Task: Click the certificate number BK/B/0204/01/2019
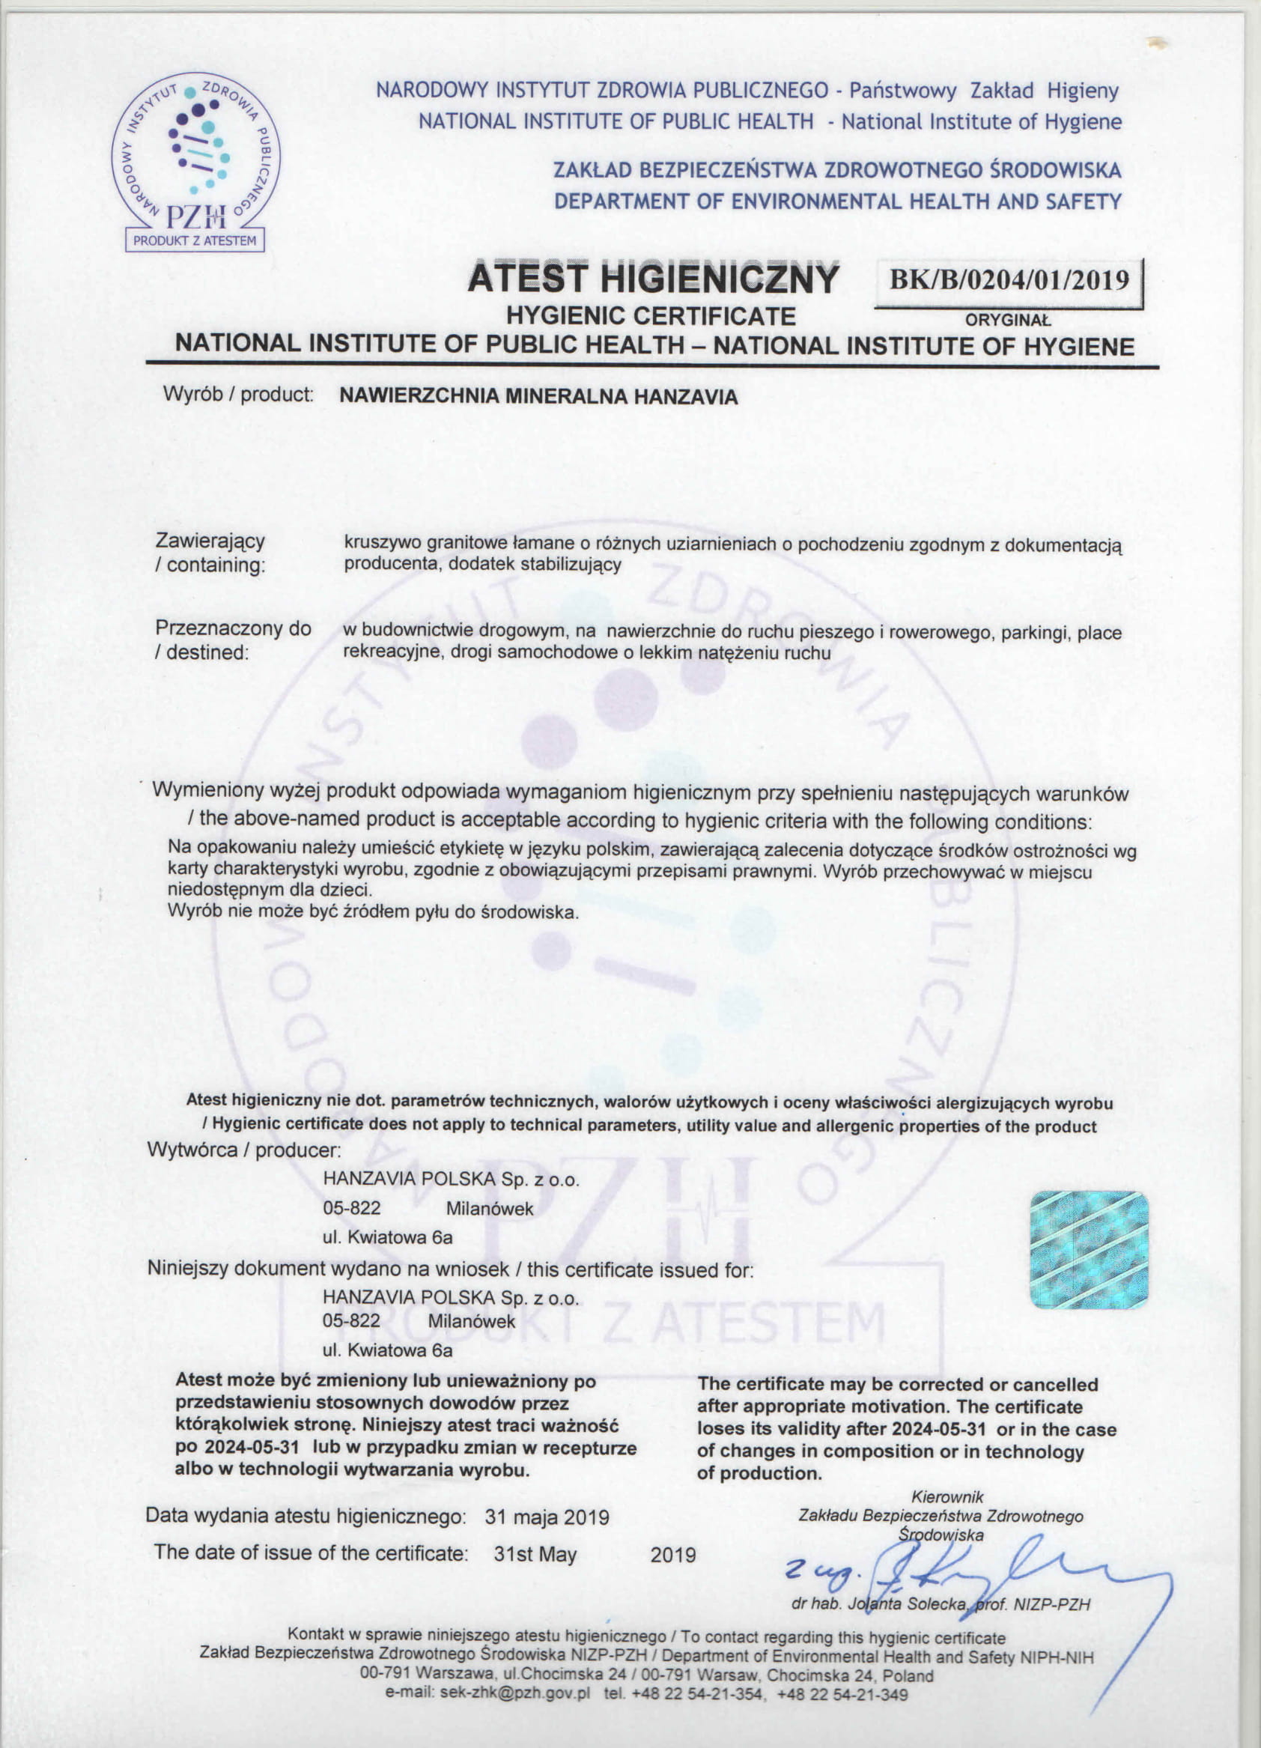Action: [x=1009, y=279]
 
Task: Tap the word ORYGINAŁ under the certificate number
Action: [x=1007, y=321]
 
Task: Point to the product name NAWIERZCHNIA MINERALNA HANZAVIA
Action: [x=538, y=397]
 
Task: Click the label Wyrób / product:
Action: [x=237, y=395]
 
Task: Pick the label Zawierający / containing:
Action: [x=210, y=553]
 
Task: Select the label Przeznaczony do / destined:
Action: [x=233, y=640]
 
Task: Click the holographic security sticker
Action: [x=1088, y=1249]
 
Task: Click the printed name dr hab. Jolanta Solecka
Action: [x=878, y=1605]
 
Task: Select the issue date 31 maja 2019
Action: [x=547, y=1517]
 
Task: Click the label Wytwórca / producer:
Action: [x=243, y=1150]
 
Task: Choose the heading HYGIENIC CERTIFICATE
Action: [x=651, y=315]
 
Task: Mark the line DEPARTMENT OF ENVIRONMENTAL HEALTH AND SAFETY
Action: [x=838, y=201]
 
